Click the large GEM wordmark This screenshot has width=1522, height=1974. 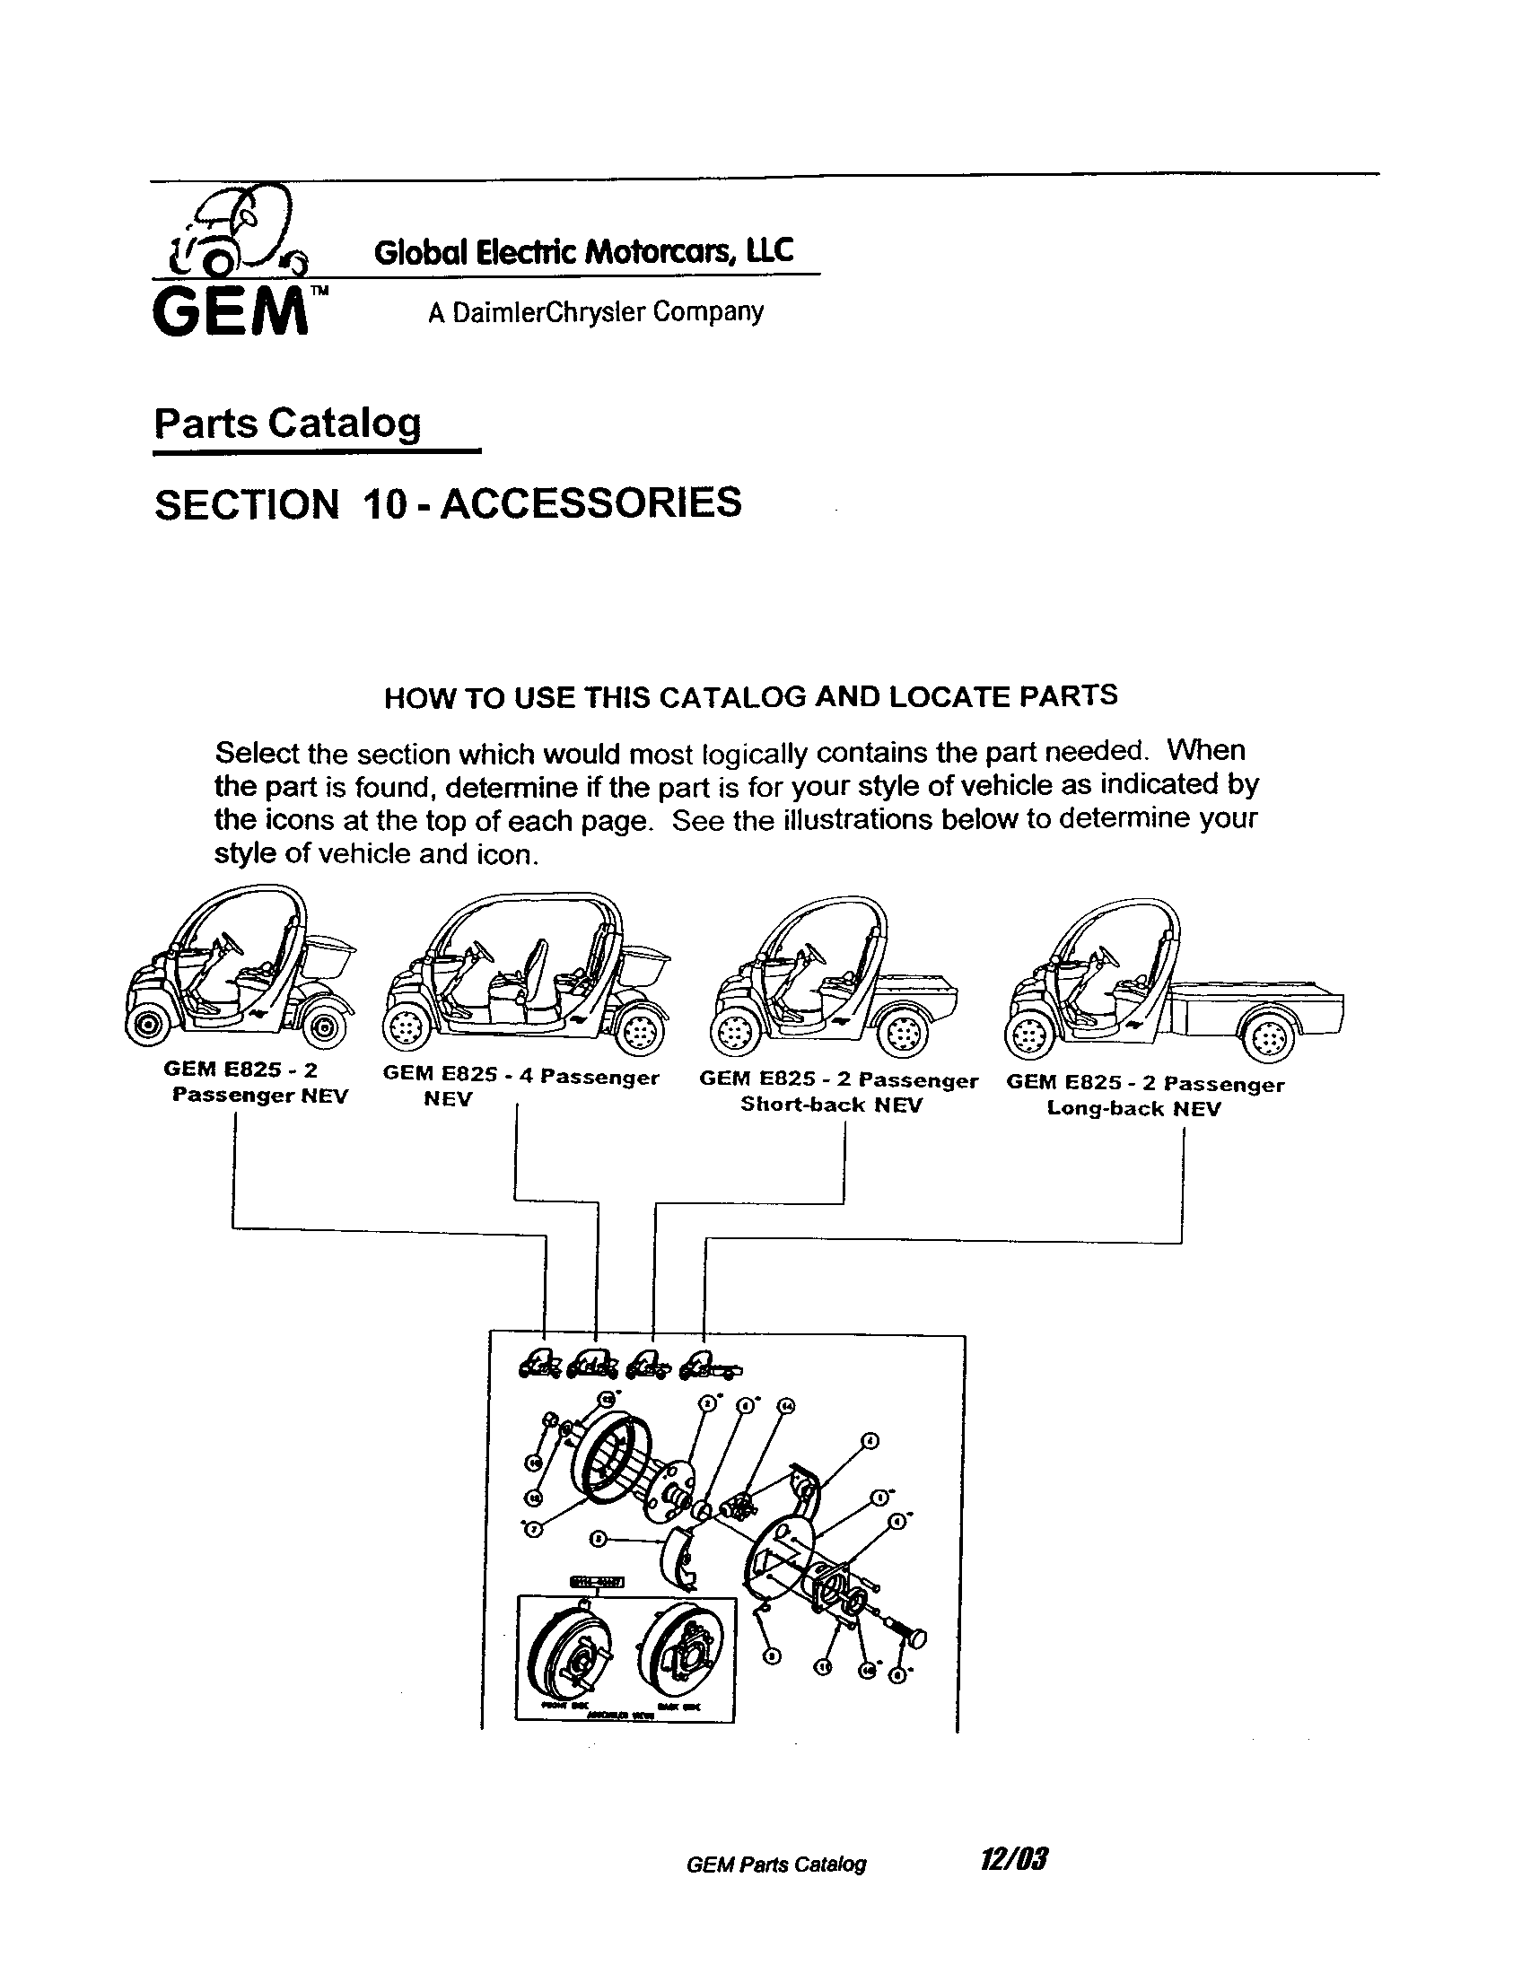(230, 313)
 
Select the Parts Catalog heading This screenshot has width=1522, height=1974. (287, 422)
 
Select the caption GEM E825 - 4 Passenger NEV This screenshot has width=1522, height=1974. (520, 1087)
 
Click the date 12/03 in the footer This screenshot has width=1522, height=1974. (1014, 1859)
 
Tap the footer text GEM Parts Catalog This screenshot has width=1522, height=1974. (776, 1864)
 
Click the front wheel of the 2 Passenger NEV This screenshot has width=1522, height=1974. (148, 1025)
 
